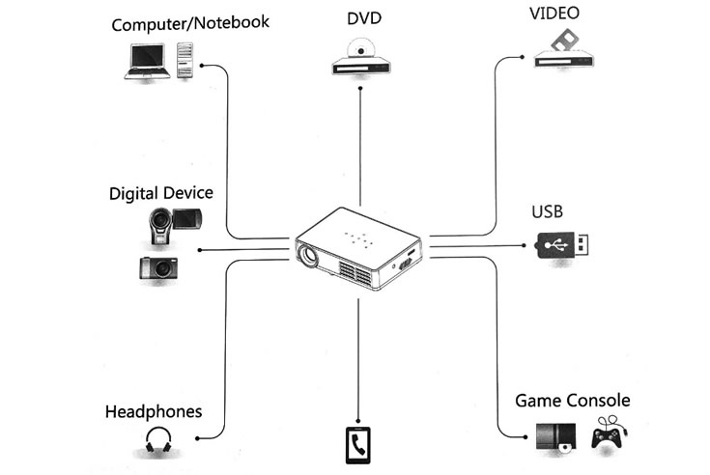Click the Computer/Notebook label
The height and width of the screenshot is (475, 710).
click(x=190, y=23)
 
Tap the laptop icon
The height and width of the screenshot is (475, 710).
click(x=147, y=61)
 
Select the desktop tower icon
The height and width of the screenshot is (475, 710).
click(x=185, y=60)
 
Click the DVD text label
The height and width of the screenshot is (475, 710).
click(x=364, y=18)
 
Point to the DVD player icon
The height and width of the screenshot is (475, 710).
click(x=361, y=57)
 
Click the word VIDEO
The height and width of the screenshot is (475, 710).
click(x=554, y=14)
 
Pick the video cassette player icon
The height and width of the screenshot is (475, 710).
click(x=563, y=48)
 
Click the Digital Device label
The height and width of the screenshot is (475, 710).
click(x=160, y=193)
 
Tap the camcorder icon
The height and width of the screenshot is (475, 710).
click(x=174, y=225)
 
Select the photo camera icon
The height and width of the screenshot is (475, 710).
click(x=158, y=267)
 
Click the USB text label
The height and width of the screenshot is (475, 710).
click(x=547, y=211)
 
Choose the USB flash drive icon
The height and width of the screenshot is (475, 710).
click(x=562, y=245)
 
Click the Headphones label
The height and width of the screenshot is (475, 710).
click(x=154, y=411)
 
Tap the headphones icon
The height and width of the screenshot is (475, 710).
click(x=158, y=439)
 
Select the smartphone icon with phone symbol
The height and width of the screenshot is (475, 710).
click(x=357, y=445)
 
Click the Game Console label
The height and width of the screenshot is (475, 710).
click(x=572, y=401)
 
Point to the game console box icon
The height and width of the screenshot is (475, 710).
click(x=556, y=437)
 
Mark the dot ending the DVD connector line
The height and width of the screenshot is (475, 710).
click(x=360, y=88)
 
